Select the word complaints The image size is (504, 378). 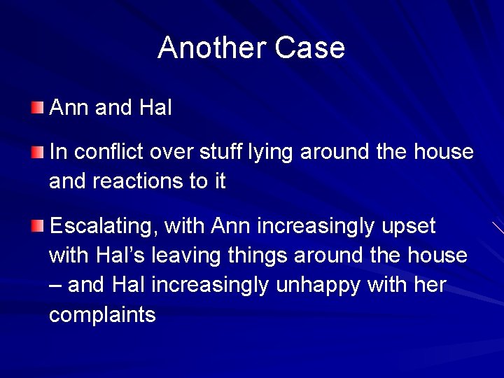[x=102, y=316]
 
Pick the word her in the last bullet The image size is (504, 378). [x=430, y=286]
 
